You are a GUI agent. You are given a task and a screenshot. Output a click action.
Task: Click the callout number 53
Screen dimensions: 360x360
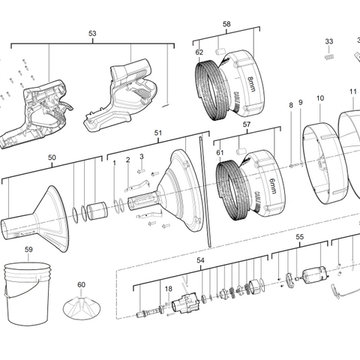pyautogui.click(x=92, y=34)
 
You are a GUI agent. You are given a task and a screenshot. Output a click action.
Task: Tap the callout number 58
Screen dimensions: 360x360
pyautogui.click(x=226, y=25)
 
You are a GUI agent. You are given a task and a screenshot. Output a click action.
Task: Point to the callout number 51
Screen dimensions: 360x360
pyautogui.click(x=158, y=132)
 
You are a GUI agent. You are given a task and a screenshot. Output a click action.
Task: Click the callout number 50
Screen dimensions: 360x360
pyautogui.click(x=51, y=157)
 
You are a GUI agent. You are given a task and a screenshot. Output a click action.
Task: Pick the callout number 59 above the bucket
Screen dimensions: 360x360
pyautogui.click(x=28, y=250)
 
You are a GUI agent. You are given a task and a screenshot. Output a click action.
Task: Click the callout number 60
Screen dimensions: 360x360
pyautogui.click(x=81, y=285)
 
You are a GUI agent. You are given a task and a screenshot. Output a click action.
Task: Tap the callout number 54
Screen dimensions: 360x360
pyautogui.click(x=200, y=260)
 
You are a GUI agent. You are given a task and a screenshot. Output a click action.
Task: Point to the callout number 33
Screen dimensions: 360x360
pyautogui.click(x=328, y=41)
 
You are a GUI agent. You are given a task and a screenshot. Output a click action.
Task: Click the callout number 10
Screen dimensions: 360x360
pyautogui.click(x=319, y=98)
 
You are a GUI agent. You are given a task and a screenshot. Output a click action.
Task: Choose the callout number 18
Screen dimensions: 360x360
pyautogui.click(x=168, y=288)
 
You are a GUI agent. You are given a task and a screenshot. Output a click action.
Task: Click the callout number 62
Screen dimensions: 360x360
pyautogui.click(x=199, y=52)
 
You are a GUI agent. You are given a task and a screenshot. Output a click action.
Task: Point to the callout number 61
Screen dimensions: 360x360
pyautogui.click(x=219, y=153)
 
